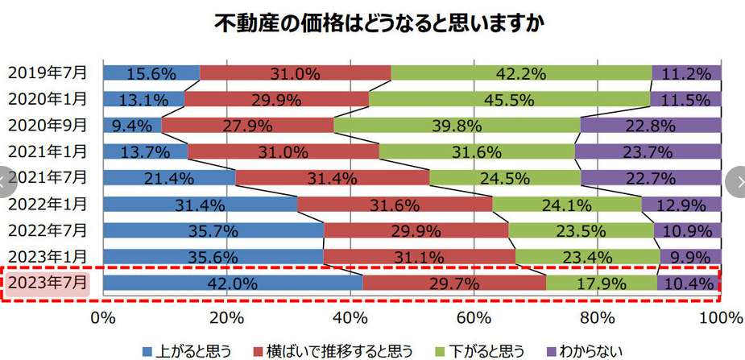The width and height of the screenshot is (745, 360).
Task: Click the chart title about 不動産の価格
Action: [x=379, y=23]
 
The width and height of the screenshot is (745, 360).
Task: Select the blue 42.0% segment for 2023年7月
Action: [x=233, y=283]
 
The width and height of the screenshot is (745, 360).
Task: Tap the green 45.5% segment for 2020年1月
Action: [x=509, y=100]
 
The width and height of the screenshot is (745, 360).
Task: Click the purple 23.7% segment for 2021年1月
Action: [x=648, y=152]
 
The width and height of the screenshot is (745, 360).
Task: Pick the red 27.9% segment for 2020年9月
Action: [x=247, y=126]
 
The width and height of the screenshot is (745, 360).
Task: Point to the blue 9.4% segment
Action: [x=133, y=126]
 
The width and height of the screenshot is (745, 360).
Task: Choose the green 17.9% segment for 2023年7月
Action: [x=601, y=283]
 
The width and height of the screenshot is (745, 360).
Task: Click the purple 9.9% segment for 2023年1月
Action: [x=690, y=257]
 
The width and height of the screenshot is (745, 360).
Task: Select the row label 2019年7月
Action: [x=48, y=72]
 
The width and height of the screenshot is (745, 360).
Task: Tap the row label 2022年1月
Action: [x=48, y=204]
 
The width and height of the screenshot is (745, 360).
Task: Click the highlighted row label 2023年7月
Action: [x=48, y=283]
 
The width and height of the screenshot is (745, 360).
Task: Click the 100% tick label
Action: [x=720, y=317]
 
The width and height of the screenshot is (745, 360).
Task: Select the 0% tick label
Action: [x=103, y=317]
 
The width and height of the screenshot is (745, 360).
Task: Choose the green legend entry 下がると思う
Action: [x=483, y=350]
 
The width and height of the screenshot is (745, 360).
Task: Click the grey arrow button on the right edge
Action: [x=735, y=180]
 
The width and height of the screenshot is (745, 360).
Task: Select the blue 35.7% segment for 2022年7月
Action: [x=213, y=230]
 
